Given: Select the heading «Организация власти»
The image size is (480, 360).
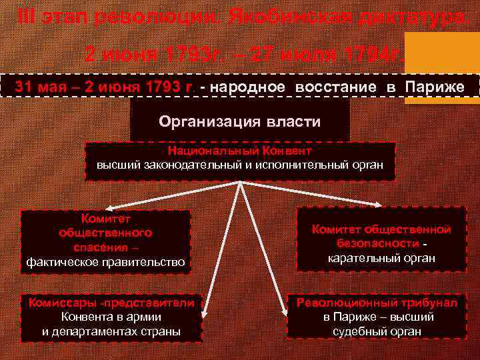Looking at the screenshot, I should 240,122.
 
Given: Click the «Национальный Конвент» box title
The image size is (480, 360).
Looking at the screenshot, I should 240,151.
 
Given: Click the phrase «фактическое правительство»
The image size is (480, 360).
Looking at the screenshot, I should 106,262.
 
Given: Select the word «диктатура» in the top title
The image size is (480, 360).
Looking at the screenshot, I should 411,17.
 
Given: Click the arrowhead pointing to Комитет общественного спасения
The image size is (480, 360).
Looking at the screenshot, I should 99,206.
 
